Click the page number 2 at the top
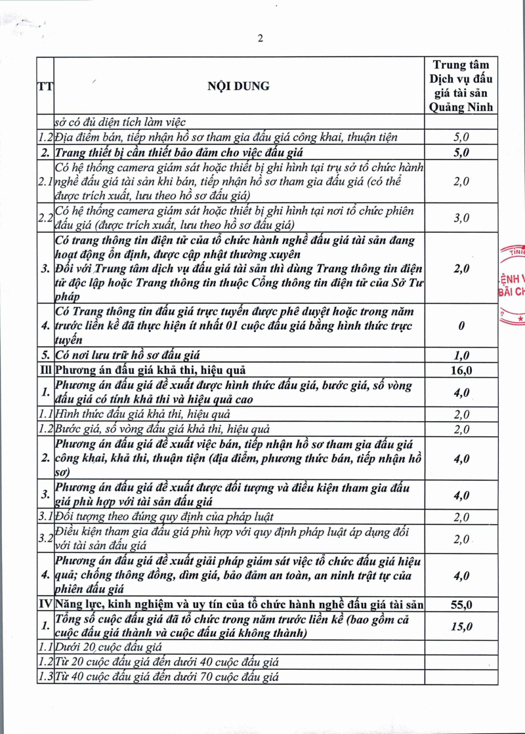pos(261,38)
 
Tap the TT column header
pos(45,87)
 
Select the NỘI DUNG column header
pos(238,87)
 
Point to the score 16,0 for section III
pos(461,370)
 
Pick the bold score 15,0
pos(461,626)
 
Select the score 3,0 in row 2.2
pos(461,218)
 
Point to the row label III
pos(45,370)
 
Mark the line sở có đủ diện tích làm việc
pos(121,122)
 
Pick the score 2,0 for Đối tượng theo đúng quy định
pos(461,518)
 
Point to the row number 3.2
pos(45,539)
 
